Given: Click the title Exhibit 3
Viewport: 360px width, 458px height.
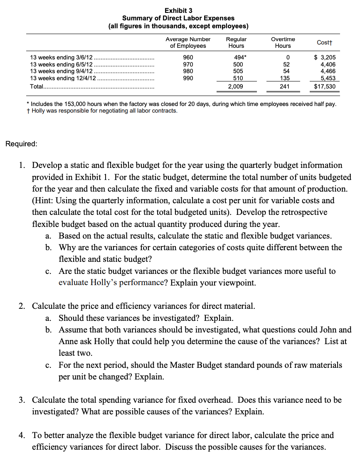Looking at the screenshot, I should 178,10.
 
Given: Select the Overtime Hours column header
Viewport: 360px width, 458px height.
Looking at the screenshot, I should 283,42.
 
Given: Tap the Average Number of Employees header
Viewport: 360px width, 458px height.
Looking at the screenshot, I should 188,42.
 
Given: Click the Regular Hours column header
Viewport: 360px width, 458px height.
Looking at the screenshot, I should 236,42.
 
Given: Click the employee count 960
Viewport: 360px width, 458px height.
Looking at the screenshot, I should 188,58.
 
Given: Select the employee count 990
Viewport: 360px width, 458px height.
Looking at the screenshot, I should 188,78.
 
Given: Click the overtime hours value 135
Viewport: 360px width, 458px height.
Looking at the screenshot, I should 285,78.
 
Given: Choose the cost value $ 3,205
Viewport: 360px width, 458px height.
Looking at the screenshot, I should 325,58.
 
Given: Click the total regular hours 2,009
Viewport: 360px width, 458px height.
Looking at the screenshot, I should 236,86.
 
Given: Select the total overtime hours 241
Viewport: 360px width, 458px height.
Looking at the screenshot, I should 285,86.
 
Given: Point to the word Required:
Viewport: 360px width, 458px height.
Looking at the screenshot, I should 21,144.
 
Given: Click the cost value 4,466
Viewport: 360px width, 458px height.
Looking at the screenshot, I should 328,71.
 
